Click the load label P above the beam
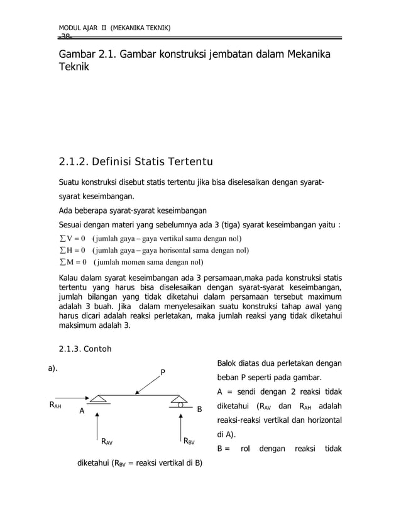pos(163,373)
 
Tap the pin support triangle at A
pos(98,399)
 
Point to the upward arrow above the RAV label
pos(97,422)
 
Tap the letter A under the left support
pos(81,412)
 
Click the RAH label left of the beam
pos(55,406)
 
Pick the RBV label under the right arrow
pos(189,441)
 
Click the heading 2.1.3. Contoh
pos(85,349)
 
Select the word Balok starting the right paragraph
pos(229,363)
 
